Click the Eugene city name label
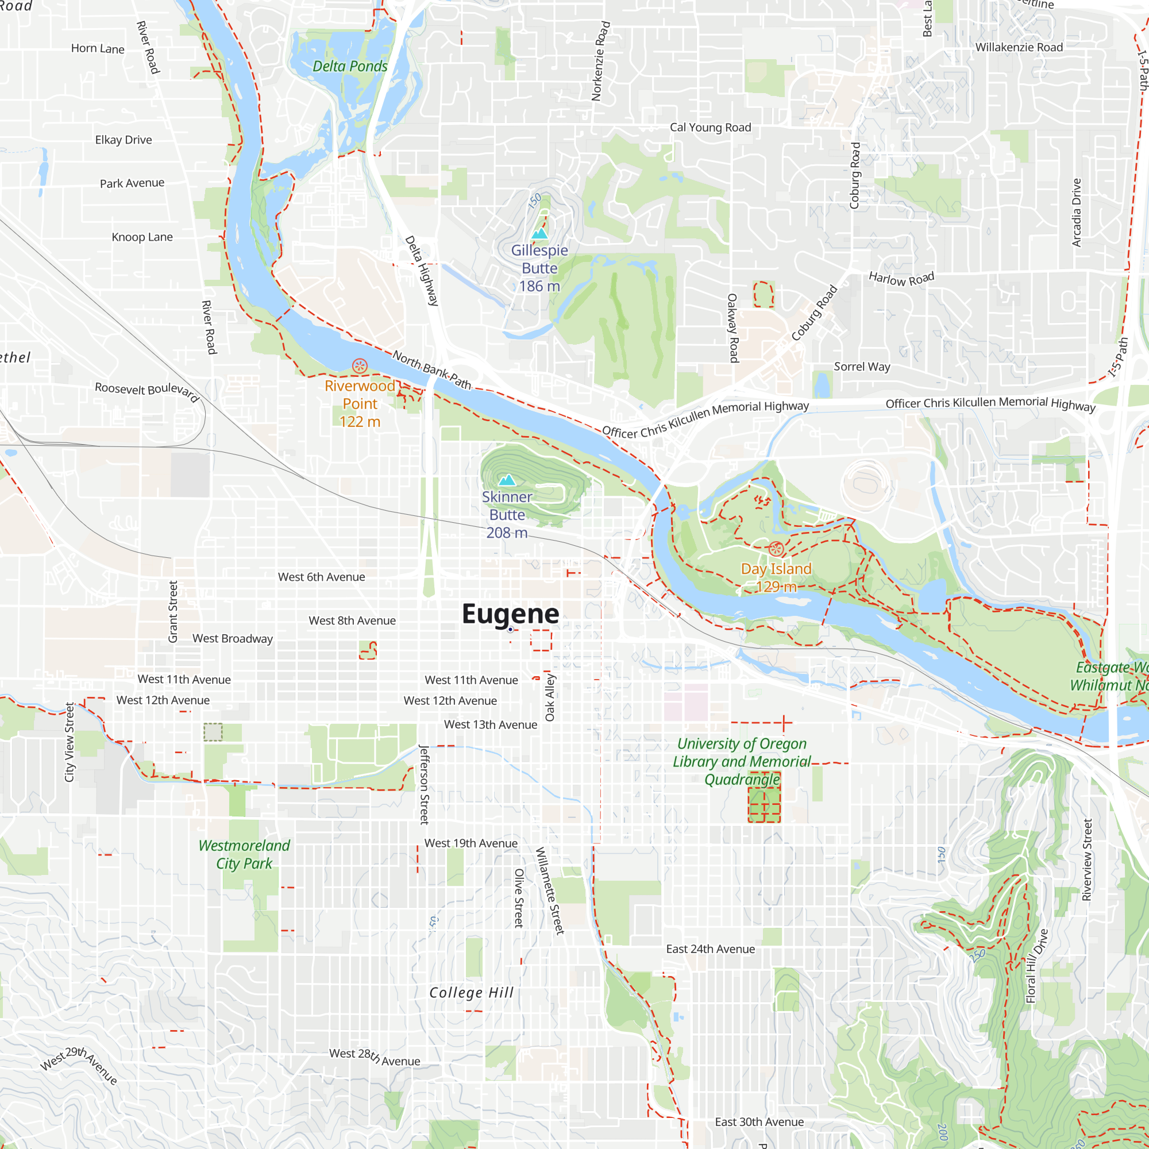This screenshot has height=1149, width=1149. point(510,614)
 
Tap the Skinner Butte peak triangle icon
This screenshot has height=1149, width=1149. point(507,480)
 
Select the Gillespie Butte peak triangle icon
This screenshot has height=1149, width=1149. point(539,234)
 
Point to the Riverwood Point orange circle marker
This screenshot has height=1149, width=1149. point(360,366)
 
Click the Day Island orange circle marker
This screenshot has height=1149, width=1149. point(776,548)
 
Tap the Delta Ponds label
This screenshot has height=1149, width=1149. point(350,66)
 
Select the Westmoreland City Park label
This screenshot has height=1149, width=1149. point(244,854)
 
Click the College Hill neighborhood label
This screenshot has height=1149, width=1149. point(472,993)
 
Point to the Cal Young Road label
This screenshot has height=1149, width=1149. point(710,128)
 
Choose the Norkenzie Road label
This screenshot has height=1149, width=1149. point(601,61)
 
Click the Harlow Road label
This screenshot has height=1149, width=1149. point(901,278)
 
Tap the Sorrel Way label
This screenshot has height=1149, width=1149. point(862,367)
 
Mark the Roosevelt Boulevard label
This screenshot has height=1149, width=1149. point(147,391)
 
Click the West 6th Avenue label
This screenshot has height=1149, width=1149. point(321,577)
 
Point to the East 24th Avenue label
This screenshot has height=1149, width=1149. point(710,949)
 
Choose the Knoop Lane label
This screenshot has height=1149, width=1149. point(142,237)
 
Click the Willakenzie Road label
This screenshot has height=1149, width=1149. point(1019,47)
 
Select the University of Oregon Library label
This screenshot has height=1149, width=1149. point(742,761)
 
